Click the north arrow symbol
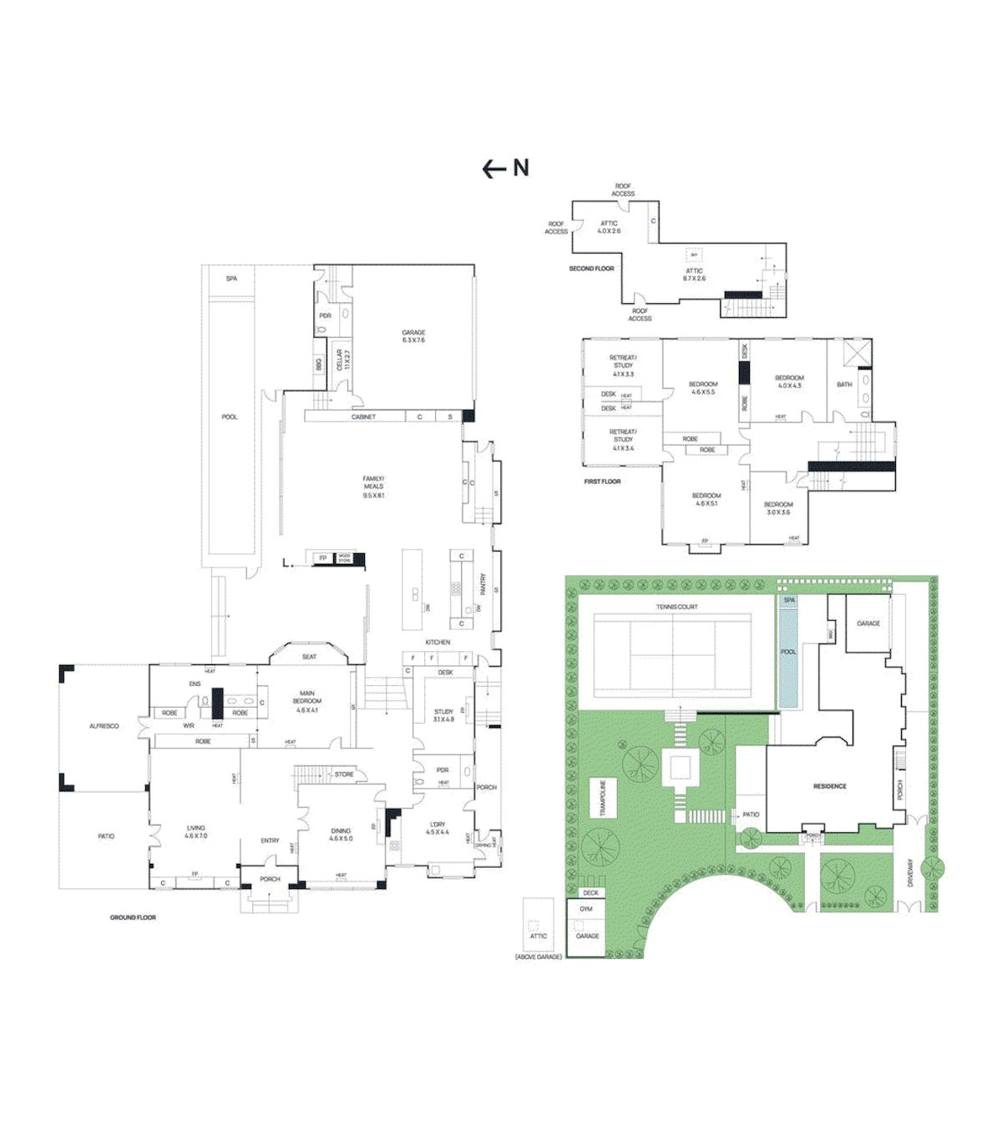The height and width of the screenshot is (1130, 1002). point(505,169)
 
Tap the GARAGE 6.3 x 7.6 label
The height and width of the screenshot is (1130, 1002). point(413,336)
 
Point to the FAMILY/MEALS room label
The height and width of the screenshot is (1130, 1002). point(373,487)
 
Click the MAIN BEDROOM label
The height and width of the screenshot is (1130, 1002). point(307,701)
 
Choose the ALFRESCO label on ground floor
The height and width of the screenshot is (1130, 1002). point(104,726)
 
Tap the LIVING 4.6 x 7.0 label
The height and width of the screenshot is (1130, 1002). point(196,832)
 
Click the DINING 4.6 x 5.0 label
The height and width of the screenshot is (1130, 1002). point(341,835)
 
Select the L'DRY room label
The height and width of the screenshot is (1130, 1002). point(438,828)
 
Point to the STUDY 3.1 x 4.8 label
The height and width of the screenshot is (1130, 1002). point(443,715)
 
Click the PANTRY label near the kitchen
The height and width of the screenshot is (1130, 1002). point(483,583)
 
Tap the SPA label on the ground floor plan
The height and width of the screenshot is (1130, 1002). point(231,279)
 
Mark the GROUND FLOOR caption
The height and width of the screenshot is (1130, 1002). point(133,917)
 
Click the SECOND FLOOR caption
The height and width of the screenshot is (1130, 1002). point(591,269)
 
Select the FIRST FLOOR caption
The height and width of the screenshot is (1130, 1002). point(602,482)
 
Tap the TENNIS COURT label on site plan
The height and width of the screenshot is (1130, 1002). point(676,607)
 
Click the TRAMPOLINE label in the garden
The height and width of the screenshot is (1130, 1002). point(602,798)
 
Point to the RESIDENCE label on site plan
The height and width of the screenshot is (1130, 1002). point(829,786)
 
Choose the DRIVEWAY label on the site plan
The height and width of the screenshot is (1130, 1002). point(910,873)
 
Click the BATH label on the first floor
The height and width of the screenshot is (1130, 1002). point(844,385)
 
